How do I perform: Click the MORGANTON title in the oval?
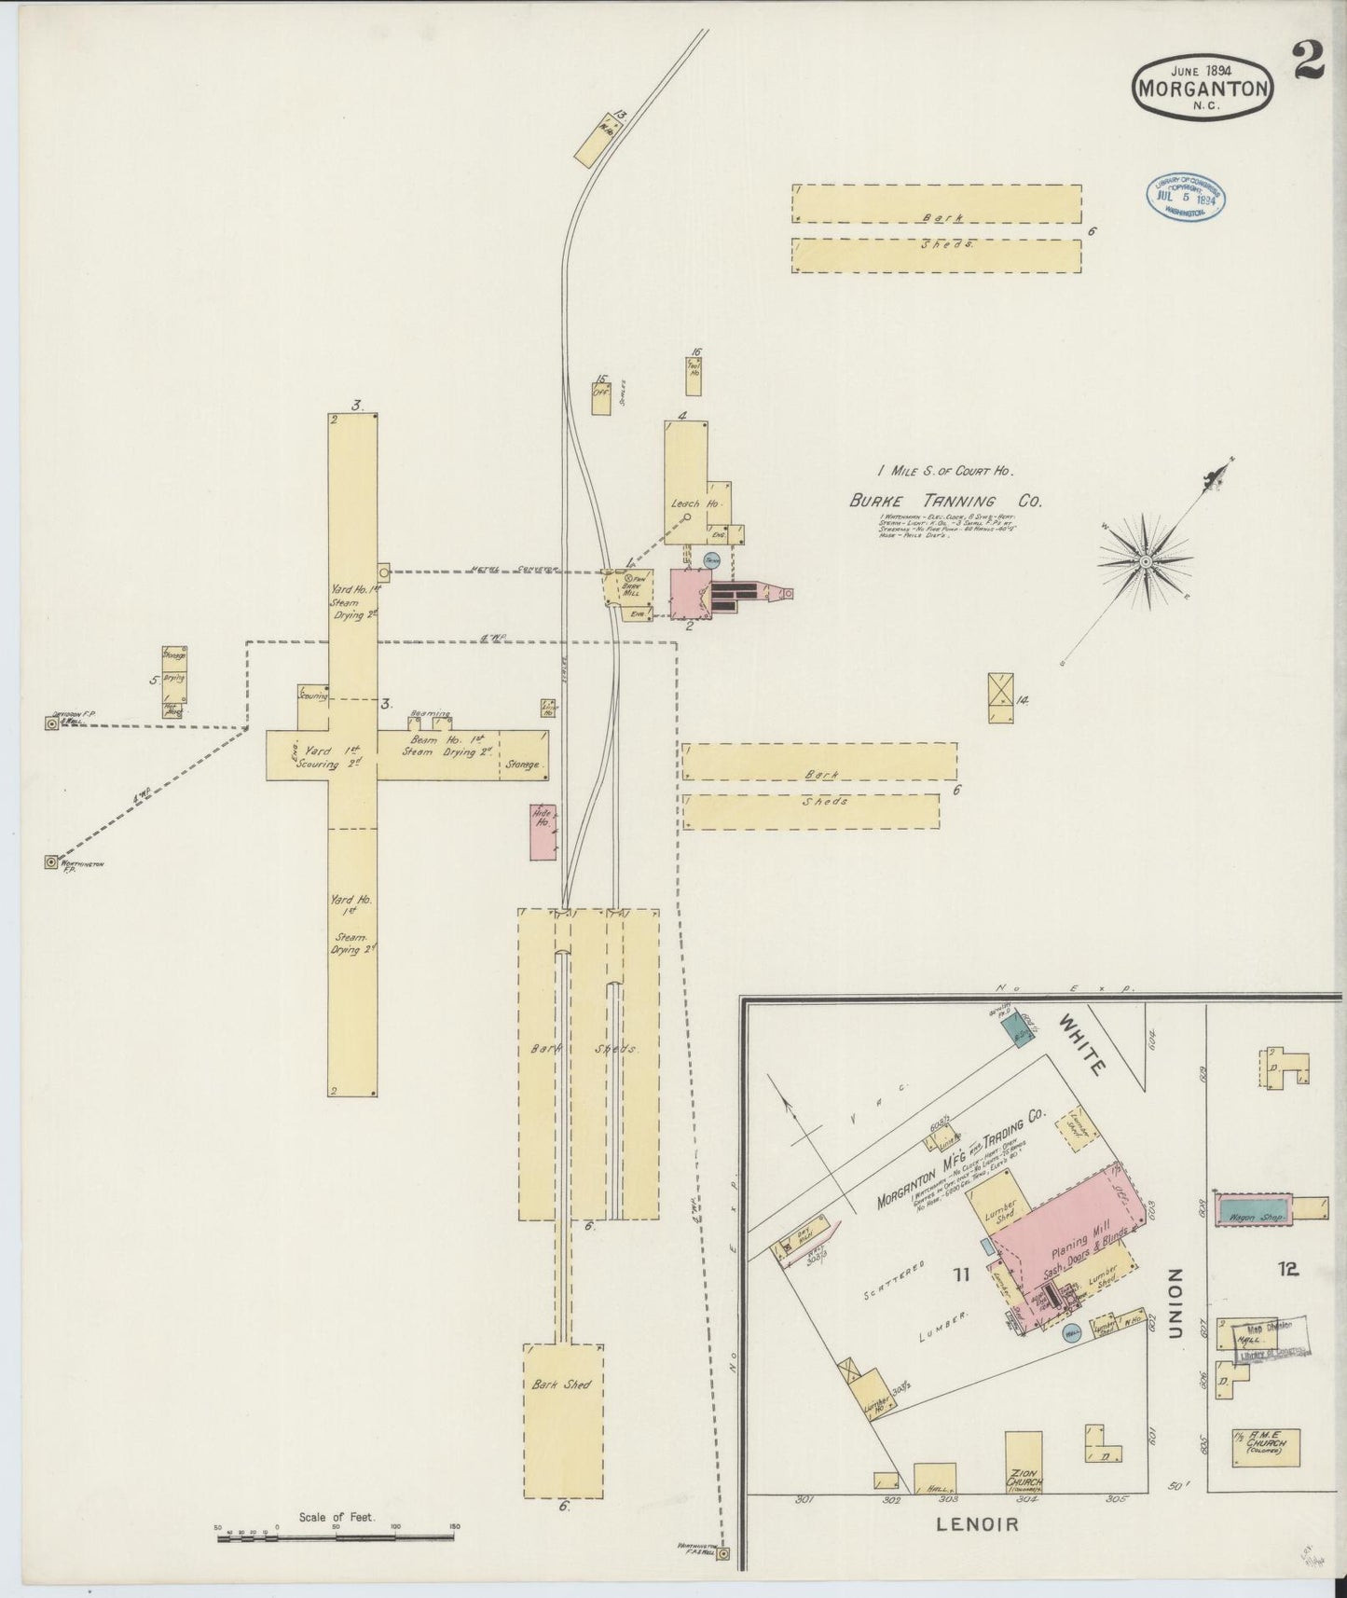point(1202,90)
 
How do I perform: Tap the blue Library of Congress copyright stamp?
point(1185,197)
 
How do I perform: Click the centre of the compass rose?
point(1145,562)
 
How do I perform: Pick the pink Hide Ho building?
point(543,832)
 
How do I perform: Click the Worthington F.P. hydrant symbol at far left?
point(50,862)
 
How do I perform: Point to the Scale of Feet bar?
point(336,1537)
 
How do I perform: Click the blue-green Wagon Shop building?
point(1254,1209)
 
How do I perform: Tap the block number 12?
point(1289,1268)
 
